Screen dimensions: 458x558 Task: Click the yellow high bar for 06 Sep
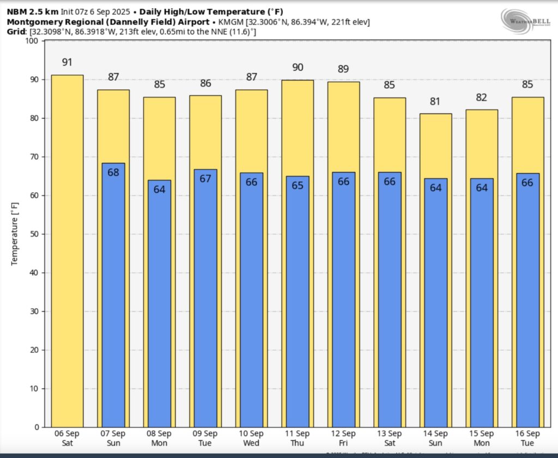[67, 251]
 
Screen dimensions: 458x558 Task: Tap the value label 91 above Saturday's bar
[67, 62]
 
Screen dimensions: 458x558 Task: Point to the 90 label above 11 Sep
[298, 67]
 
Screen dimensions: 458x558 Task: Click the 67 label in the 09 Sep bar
[205, 179]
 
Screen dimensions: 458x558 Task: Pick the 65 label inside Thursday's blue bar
[298, 186]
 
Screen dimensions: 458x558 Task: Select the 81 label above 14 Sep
[435, 101]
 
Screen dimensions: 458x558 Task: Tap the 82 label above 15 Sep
[482, 97]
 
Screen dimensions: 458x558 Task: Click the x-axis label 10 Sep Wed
[251, 438]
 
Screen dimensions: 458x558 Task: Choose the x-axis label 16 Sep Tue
[527, 438]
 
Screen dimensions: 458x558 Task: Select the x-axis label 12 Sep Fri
[343, 438]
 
